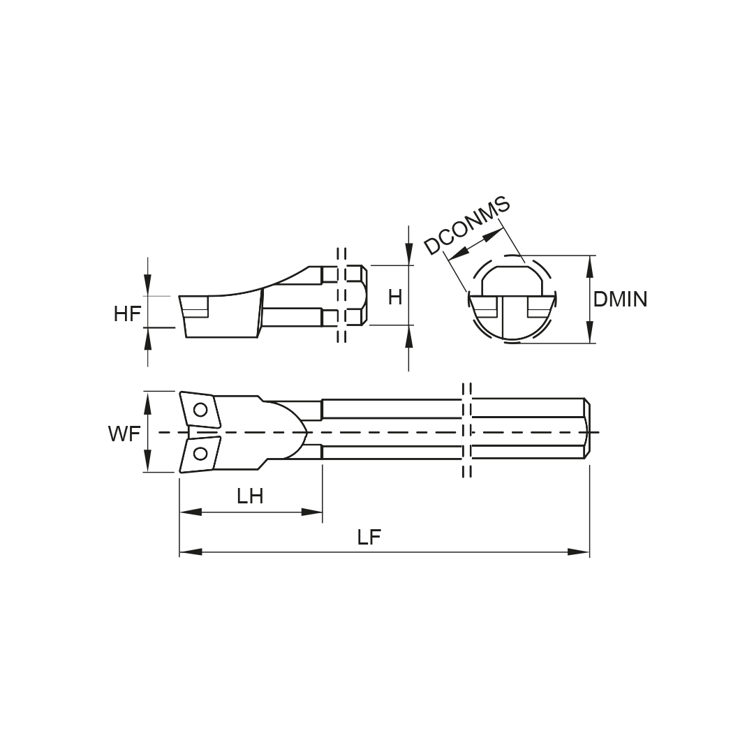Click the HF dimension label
(128, 314)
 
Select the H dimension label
(394, 297)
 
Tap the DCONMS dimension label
(466, 225)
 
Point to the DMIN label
(620, 299)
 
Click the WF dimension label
(124, 434)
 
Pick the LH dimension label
(250, 496)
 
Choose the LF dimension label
(369, 537)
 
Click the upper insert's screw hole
(200, 411)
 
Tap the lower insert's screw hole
(200, 454)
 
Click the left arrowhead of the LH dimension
(191, 512)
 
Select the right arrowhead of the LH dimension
(311, 512)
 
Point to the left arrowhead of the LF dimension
(191, 552)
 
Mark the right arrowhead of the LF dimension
(578, 552)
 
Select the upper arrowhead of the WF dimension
(148, 403)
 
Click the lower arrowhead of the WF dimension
(148, 461)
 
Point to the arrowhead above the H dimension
(408, 254)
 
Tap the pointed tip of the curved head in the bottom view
(306, 432)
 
